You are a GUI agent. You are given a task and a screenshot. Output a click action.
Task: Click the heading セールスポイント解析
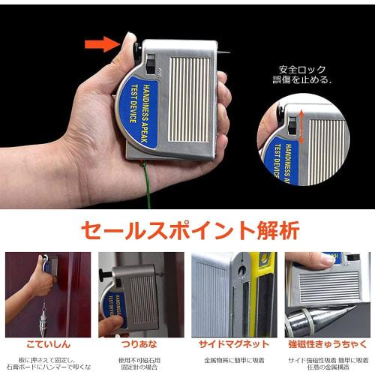click(187, 228)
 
